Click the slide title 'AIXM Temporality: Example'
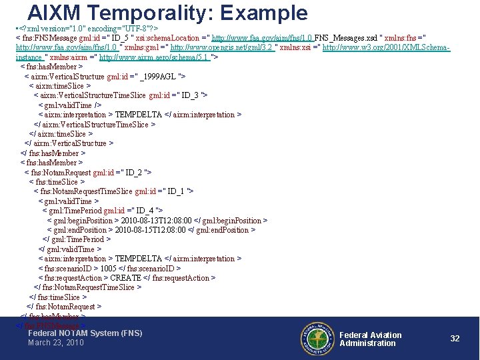click(x=167, y=13)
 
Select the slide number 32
click(x=455, y=339)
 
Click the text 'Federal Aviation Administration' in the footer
click(x=370, y=339)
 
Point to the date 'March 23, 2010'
click(x=56, y=343)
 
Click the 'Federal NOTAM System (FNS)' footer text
click(x=85, y=333)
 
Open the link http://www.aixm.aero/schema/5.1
click(x=154, y=57)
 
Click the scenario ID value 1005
click(x=109, y=268)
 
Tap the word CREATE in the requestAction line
click(x=125, y=277)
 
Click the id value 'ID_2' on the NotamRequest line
click(x=135, y=172)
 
